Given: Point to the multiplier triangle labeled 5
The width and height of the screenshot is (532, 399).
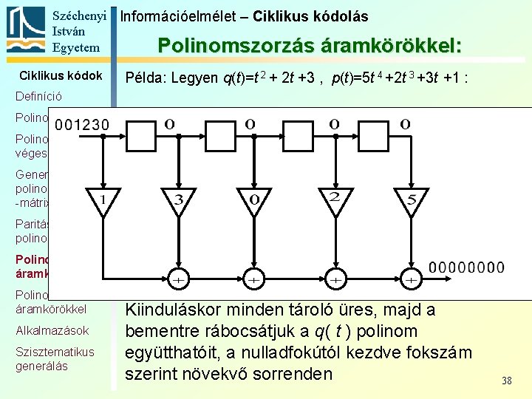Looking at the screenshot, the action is coord(412,199).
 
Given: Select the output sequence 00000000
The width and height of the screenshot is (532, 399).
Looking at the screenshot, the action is coord(468,267).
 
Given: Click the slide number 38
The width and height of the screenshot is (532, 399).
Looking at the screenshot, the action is coord(506,381).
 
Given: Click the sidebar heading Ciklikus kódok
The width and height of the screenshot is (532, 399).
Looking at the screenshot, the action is coord(61,75).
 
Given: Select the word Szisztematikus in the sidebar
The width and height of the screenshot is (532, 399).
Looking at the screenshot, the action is coord(55,352).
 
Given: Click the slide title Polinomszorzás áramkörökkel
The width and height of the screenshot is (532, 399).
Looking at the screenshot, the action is coord(310,46).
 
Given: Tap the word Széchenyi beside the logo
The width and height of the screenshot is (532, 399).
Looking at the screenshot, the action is coord(80,16).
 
